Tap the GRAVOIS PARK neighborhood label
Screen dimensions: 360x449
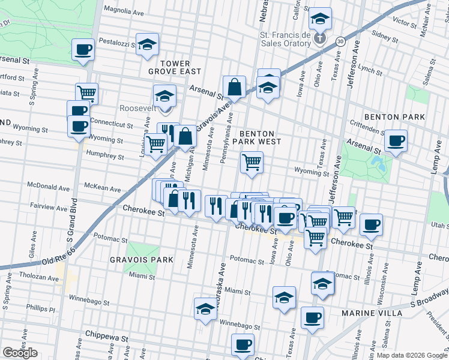[x=142, y=260]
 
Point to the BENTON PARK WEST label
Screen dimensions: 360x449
[x=257, y=137]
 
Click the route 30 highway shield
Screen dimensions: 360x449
[x=340, y=41]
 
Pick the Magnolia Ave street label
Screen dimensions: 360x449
[x=124, y=10]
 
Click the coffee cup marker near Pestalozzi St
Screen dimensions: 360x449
[x=83, y=49]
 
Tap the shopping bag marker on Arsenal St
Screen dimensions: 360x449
[x=234, y=87]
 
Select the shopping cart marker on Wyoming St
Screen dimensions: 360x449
[x=252, y=161]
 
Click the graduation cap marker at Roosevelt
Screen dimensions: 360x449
[x=164, y=95]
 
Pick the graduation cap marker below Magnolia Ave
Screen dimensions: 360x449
[x=146, y=44]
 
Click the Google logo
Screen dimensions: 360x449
[x=20, y=353]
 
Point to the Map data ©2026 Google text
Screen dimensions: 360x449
[x=412, y=355]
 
